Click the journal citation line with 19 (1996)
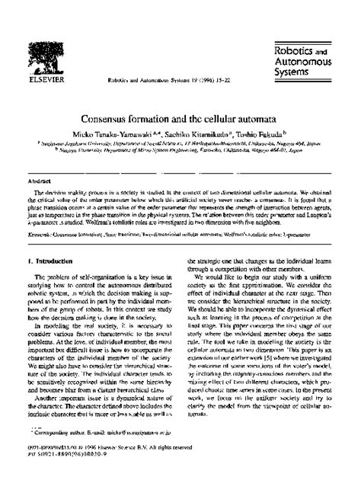pos(159,77)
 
